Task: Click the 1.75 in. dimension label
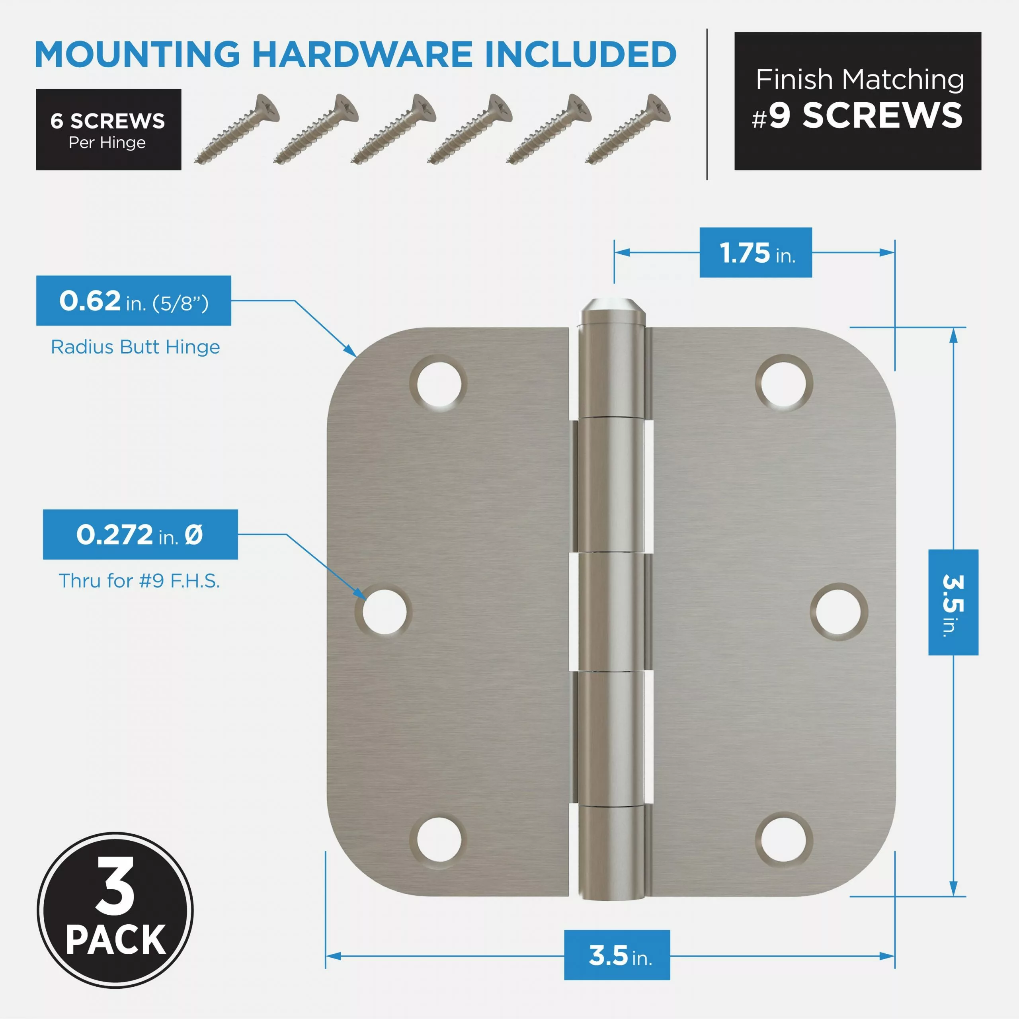coord(755,253)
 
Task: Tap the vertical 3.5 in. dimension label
coord(953,602)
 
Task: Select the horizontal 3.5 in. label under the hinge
coord(617,956)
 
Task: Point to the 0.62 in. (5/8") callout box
coord(133,301)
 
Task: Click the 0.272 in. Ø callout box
coord(140,534)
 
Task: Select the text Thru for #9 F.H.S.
coord(139,581)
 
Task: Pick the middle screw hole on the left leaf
coord(385,611)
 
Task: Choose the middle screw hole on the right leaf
coord(839,611)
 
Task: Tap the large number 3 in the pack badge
coord(115,886)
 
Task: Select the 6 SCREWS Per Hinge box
coord(109,130)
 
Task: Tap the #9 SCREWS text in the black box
coord(858,115)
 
